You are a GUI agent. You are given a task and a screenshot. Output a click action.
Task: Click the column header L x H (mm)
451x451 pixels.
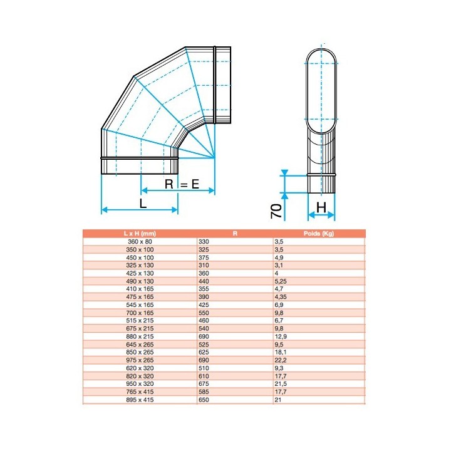tap(140, 233)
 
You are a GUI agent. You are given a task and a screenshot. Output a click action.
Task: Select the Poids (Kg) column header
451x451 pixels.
tap(319, 233)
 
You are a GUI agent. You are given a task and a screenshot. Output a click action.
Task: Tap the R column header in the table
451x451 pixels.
tap(235, 233)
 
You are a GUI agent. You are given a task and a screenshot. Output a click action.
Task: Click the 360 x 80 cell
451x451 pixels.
tap(140, 242)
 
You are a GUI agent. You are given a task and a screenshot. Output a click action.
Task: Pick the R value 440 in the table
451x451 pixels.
tap(204, 281)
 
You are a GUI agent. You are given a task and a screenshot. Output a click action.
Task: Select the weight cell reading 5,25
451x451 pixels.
tap(281, 281)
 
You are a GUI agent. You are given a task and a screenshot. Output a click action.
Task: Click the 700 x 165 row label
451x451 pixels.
tap(140, 313)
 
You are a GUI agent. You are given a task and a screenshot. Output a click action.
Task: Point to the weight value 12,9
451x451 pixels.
tap(281, 336)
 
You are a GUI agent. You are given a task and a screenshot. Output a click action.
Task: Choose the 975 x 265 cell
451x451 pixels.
tap(140, 360)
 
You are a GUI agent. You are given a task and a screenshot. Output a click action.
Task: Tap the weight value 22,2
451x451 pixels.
tap(281, 360)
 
